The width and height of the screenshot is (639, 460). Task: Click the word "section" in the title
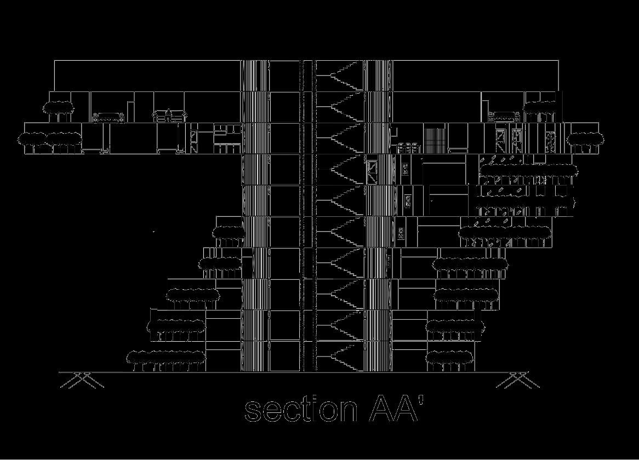300,410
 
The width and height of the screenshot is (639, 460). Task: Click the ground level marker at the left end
82,380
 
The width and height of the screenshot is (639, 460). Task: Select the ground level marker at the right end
517,380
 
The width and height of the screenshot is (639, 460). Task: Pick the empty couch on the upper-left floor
109,117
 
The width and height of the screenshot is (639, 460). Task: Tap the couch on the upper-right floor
504,116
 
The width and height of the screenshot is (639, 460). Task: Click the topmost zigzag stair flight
340,76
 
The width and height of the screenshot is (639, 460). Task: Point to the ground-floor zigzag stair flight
340,357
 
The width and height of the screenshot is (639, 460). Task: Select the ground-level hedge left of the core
166,359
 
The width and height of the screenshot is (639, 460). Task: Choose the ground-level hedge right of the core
449,359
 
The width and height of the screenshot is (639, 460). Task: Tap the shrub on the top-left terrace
59,108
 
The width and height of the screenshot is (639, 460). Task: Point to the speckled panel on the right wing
550,141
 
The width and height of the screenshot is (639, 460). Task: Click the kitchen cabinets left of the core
227,138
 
